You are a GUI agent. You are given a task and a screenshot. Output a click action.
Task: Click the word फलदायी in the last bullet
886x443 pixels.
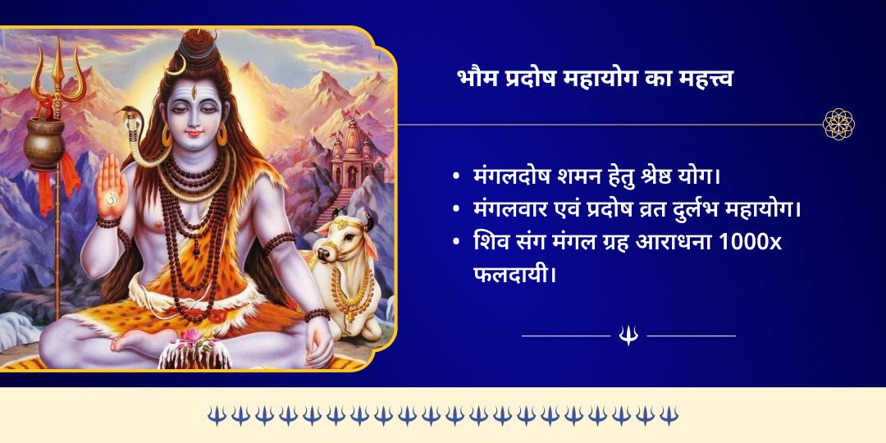[x=509, y=272]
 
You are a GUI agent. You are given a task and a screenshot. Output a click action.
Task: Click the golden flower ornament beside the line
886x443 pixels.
[x=838, y=125]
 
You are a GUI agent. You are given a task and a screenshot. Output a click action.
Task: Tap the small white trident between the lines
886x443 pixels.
[x=628, y=335]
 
